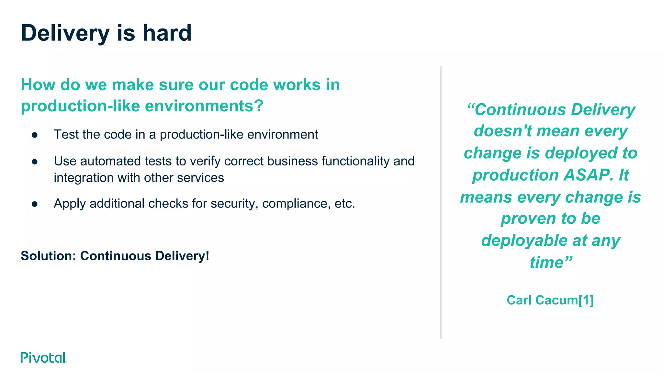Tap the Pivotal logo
[x=43, y=357]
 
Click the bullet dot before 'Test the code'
[x=35, y=135]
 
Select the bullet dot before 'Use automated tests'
[x=35, y=162]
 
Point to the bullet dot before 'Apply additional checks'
[x=35, y=204]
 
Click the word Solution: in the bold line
[x=48, y=256]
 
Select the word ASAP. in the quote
[x=588, y=175]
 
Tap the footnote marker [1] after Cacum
[x=586, y=300]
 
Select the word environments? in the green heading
[x=204, y=106]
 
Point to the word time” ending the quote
[x=551, y=262]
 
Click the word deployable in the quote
[x=524, y=241]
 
